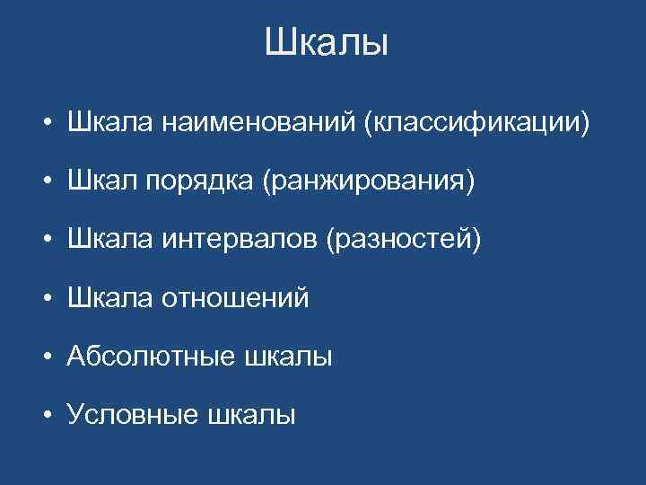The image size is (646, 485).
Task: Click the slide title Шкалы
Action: click(x=327, y=42)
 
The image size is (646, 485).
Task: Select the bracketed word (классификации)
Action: click(x=476, y=125)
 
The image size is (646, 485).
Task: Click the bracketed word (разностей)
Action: click(x=404, y=242)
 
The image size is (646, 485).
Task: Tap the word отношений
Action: click(x=234, y=298)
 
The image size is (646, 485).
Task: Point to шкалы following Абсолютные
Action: click(x=287, y=357)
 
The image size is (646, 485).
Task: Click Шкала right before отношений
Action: click(x=109, y=298)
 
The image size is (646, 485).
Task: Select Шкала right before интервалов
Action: click(x=109, y=241)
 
